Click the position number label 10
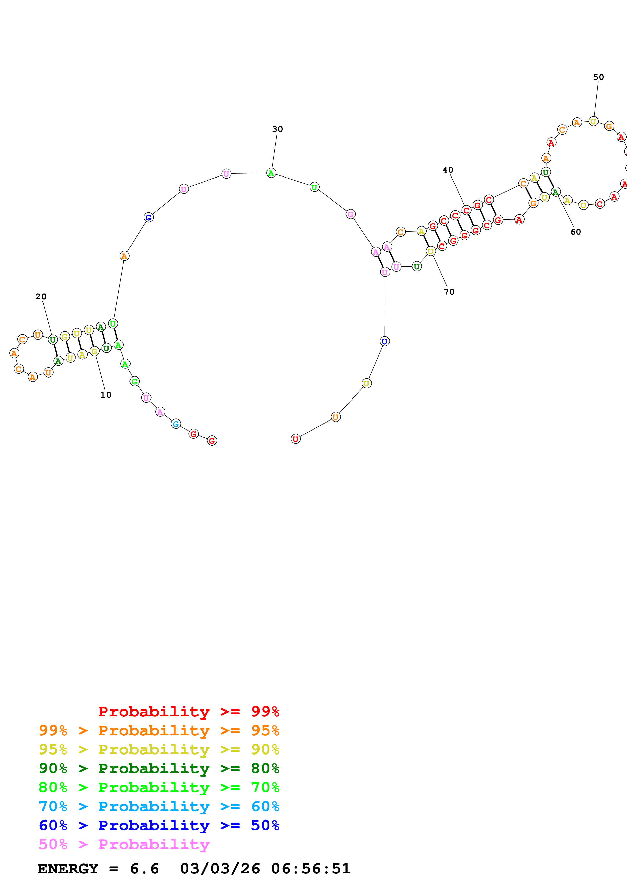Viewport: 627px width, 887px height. pos(105,395)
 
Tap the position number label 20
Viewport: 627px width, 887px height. pos(40,296)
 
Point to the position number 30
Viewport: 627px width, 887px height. pos(277,129)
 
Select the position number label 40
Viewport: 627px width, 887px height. pos(448,170)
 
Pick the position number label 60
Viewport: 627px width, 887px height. pos(576,232)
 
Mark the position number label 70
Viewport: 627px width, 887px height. pos(449,292)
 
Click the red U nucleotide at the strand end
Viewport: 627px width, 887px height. pos(295,439)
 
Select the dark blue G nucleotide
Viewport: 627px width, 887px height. pos(148,217)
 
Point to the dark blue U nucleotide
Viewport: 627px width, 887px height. pos(384,341)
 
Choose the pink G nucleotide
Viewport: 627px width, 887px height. pos(350,214)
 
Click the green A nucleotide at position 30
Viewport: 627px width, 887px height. pos(271,173)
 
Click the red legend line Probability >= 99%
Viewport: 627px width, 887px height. pos(188,711)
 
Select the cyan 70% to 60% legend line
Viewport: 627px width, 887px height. pos(159,806)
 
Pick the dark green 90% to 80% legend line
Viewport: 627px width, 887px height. pos(159,768)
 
